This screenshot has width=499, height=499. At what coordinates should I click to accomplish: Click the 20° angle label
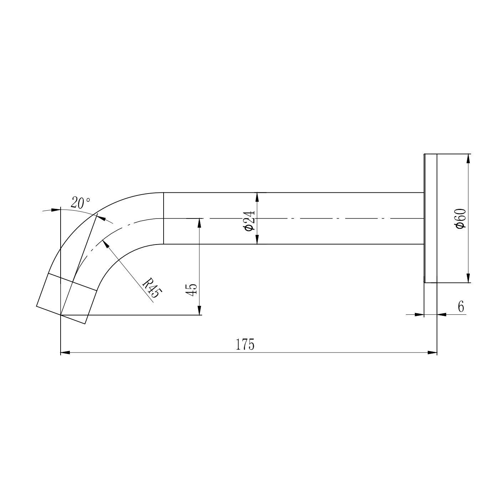(80, 203)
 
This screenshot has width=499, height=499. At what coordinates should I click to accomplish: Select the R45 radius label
(152, 288)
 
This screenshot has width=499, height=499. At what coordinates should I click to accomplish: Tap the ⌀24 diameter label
(249, 220)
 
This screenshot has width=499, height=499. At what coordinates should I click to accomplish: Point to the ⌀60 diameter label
(461, 218)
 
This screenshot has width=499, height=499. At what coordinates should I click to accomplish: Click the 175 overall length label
(245, 344)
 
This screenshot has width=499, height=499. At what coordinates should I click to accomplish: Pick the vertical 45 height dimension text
(191, 290)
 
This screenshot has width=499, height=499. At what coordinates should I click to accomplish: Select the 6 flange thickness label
(461, 307)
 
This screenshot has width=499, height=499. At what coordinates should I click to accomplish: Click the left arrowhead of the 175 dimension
(65, 353)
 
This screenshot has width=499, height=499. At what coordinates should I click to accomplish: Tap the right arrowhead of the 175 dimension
(432, 353)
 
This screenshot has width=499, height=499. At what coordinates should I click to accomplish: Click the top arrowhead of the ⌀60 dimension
(468, 159)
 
